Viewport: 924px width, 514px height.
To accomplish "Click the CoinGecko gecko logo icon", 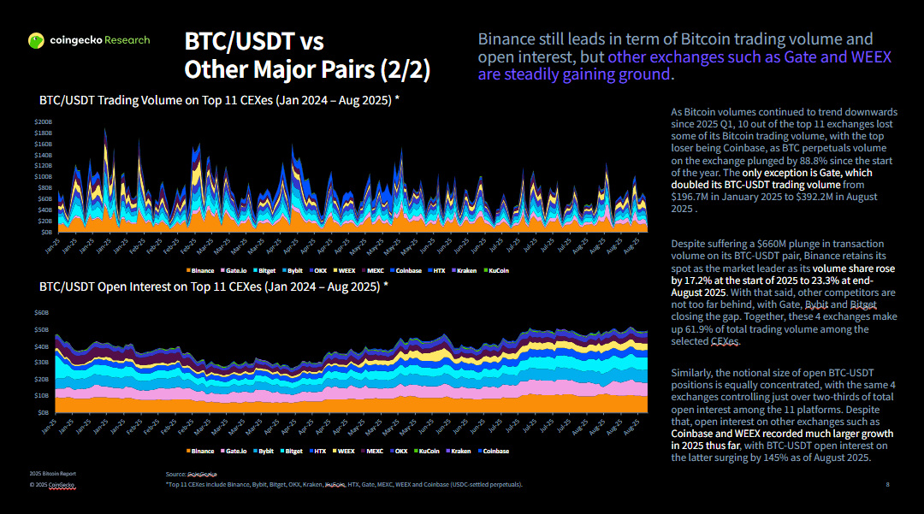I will pyautogui.click(x=36, y=40).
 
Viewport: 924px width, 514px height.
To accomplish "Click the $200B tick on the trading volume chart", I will pyautogui.click(x=43, y=122).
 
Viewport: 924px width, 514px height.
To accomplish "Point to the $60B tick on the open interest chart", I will pyautogui.click(x=41, y=314).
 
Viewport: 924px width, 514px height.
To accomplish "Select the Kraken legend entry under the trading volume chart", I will pyautogui.click(x=467, y=270).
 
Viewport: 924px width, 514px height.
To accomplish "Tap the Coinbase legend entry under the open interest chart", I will pyautogui.click(x=494, y=451).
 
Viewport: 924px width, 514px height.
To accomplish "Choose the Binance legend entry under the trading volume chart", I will pyautogui.click(x=202, y=270).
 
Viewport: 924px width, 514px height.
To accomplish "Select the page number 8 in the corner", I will pyautogui.click(x=887, y=485).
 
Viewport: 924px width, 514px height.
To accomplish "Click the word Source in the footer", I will pyautogui.click(x=175, y=474).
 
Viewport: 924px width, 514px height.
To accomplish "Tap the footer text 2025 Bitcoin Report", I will pyautogui.click(x=52, y=473).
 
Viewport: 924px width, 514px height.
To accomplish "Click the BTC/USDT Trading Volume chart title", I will pyautogui.click(x=219, y=100).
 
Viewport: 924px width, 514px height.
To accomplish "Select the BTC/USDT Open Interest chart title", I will pyautogui.click(x=213, y=287).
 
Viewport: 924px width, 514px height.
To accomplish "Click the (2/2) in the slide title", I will pyautogui.click(x=403, y=68).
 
